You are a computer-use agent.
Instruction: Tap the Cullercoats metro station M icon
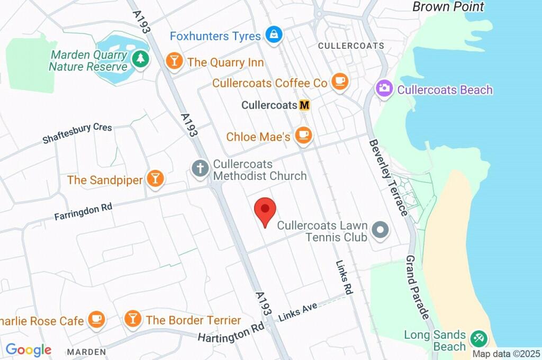tap(304, 105)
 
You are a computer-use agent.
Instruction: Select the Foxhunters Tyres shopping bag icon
tap(274, 35)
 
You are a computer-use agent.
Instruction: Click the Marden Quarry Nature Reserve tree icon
tap(140, 59)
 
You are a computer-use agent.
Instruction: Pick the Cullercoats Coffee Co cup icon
tap(339, 82)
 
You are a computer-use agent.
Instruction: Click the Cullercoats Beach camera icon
tap(384, 88)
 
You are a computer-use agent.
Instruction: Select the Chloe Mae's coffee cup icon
tap(303, 136)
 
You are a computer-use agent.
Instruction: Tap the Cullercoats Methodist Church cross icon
tap(200, 169)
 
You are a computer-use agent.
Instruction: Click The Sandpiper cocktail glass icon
tap(155, 178)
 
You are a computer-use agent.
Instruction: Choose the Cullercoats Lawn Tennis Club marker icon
tap(380, 230)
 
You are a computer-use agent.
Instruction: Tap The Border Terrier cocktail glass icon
tap(132, 319)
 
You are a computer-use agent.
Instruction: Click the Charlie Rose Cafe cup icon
tap(96, 319)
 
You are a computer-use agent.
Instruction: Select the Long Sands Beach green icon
tap(479, 337)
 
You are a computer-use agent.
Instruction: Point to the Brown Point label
tap(448, 7)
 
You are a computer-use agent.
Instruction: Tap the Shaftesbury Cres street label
tap(77, 133)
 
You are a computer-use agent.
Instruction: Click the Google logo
tap(28, 350)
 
